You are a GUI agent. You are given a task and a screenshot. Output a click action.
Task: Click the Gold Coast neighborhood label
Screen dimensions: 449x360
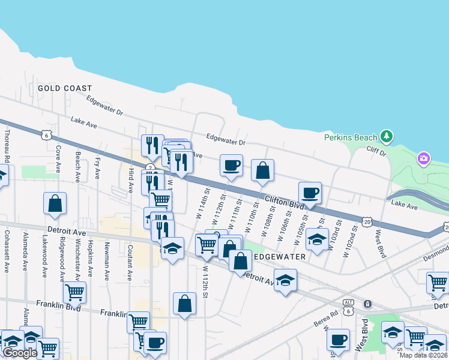click(x=65, y=88)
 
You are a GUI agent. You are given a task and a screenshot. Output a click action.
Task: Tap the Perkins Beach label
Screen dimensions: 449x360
click(x=351, y=137)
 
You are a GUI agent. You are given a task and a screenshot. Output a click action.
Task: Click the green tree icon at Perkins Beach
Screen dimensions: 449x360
click(x=387, y=136)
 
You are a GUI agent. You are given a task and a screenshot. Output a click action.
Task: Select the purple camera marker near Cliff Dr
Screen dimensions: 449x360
click(x=424, y=158)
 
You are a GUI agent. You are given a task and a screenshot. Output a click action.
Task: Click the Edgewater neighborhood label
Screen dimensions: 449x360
click(x=280, y=256)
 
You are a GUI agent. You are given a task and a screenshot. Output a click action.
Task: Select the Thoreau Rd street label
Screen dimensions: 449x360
click(x=7, y=147)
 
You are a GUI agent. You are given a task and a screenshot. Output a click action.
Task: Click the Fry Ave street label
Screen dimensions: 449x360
click(x=97, y=168)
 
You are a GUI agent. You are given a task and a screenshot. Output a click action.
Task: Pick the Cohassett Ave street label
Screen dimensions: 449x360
click(x=7, y=251)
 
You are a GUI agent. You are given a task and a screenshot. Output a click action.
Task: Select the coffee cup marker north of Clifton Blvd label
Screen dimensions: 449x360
click(x=231, y=166)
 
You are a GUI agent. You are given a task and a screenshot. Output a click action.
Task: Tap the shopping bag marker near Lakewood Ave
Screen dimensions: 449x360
click(x=55, y=203)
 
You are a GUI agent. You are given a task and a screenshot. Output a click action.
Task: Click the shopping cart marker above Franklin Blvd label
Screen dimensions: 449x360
click(x=74, y=293)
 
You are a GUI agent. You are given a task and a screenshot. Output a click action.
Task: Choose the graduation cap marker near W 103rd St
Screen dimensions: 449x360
click(x=316, y=239)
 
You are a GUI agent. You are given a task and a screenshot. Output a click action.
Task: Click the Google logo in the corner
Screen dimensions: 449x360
click(x=19, y=353)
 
